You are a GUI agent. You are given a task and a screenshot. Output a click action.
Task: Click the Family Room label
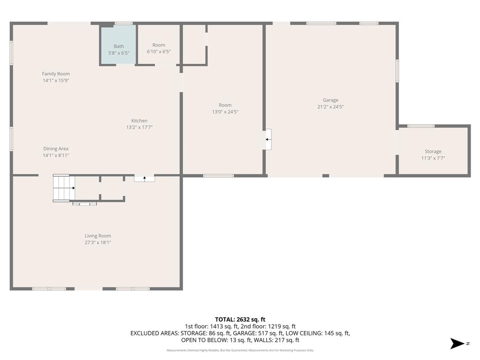pyautogui.click(x=56, y=74)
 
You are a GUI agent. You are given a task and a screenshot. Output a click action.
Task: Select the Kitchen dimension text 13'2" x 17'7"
pyautogui.click(x=139, y=127)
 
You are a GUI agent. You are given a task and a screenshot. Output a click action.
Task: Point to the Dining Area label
pyautogui.click(x=56, y=149)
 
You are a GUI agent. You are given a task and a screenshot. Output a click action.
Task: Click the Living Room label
pyautogui.click(x=97, y=236)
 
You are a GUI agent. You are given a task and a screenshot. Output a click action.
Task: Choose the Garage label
pyautogui.click(x=330, y=100)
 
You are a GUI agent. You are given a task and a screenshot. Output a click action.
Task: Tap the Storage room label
pyautogui.click(x=433, y=151)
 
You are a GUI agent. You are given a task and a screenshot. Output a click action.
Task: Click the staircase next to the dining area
pyautogui.click(x=63, y=188)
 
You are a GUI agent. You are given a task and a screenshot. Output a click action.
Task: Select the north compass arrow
pyautogui.click(x=457, y=344)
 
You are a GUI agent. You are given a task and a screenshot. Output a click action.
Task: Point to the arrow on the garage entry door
pyautogui.click(x=268, y=139)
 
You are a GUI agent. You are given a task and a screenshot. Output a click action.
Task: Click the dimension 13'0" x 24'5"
pyautogui.click(x=225, y=112)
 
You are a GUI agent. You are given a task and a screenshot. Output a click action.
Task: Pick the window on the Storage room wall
pyautogui.click(x=420, y=126)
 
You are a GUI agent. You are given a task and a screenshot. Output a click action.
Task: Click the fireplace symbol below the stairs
pyautogui.click(x=84, y=203)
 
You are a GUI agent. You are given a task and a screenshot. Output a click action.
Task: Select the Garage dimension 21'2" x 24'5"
pyautogui.click(x=330, y=106)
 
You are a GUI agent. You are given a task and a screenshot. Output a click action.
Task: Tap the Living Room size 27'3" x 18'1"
pyautogui.click(x=97, y=242)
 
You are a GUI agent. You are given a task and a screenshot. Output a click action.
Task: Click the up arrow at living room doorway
pyautogui.click(x=144, y=178)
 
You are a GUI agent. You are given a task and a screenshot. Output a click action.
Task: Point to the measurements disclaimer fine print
pyautogui.click(x=240, y=350)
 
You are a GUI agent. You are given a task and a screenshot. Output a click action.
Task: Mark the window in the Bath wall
pyautogui.click(x=123, y=23)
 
